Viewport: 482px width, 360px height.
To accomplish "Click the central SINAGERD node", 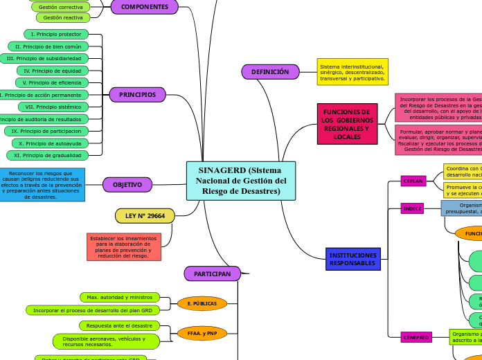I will (240, 181).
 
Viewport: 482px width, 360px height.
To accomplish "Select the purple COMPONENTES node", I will (144, 7).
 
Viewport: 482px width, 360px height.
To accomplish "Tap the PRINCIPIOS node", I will (137, 95).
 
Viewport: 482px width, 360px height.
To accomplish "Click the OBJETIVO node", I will (127, 185).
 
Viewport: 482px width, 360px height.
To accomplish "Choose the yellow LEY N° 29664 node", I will (145, 216).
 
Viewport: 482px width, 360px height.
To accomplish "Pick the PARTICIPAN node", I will (212, 274).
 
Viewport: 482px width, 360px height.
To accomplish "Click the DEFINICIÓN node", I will (270, 71).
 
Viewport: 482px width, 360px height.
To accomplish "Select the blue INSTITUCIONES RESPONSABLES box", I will (352, 260).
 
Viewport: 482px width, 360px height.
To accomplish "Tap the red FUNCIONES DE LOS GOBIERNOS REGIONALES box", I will (347, 124).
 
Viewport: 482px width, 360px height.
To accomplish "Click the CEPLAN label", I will (414, 181).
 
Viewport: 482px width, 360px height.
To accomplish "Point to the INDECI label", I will (412, 208).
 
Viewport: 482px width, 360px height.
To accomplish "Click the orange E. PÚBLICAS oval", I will (202, 303).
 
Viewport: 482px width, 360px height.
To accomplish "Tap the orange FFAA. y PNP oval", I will (202, 333).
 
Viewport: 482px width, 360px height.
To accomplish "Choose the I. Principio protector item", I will (55, 34).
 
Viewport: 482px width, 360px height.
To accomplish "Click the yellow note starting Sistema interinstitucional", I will (352, 71).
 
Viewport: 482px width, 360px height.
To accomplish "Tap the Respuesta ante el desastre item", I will (119, 325).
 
